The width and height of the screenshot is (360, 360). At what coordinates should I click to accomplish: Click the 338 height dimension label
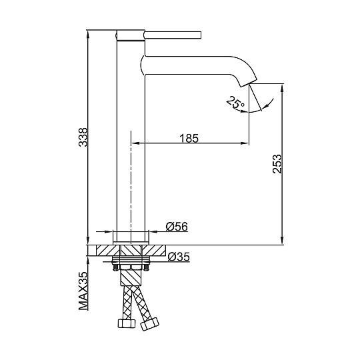click(x=83, y=137)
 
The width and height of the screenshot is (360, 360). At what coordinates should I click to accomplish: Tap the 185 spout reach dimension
click(x=189, y=139)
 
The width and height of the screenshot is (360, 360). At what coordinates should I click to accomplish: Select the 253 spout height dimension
click(x=277, y=164)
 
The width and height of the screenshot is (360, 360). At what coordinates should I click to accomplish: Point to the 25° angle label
click(x=235, y=102)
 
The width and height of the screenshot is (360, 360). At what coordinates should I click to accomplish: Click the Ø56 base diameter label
click(x=177, y=227)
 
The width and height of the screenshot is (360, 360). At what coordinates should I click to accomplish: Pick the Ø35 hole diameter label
click(x=179, y=257)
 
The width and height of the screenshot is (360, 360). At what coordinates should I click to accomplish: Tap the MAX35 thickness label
click(x=83, y=291)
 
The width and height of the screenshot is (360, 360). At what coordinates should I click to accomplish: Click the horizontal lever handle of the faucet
click(x=173, y=35)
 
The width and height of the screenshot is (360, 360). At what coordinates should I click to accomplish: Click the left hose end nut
click(x=127, y=323)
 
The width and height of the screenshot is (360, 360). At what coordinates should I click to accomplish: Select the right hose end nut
click(x=150, y=324)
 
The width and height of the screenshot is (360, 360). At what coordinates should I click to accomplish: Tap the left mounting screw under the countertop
click(x=115, y=267)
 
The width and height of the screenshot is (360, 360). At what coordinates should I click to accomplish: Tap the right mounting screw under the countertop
click(x=146, y=267)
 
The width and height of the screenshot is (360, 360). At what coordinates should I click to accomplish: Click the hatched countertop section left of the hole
click(x=108, y=250)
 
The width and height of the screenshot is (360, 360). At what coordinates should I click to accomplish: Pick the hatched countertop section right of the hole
click(x=154, y=250)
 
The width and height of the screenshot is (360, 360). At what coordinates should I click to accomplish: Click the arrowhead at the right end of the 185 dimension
click(x=245, y=143)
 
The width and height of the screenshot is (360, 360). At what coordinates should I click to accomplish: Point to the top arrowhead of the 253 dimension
click(x=283, y=89)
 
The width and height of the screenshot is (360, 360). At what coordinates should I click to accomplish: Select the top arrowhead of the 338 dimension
click(x=87, y=35)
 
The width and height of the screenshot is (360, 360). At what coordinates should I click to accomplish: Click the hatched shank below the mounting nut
click(x=131, y=277)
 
